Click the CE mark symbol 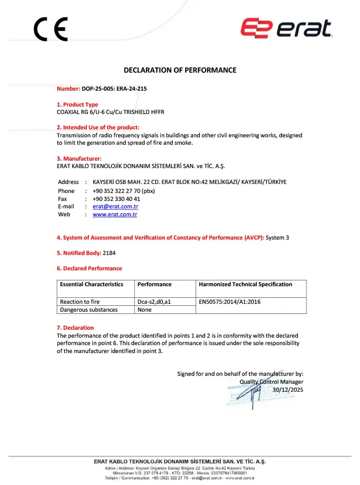pyautogui.click(x=51, y=29)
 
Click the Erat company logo pyautogui.click(x=287, y=29)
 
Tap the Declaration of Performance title pyautogui.click(x=180, y=70)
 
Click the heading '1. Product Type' pyautogui.click(x=77, y=104)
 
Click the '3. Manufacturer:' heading pyautogui.click(x=79, y=158)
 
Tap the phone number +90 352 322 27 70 pyautogui.click(x=123, y=191)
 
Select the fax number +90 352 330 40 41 pyautogui.click(x=116, y=199)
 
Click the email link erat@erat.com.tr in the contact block pyautogui.click(x=115, y=206)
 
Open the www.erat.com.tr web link pyautogui.click(x=115, y=214)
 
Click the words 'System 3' pyautogui.click(x=277, y=237)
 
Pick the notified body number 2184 pyautogui.click(x=109, y=253)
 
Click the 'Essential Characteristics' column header pyautogui.click(x=91, y=284)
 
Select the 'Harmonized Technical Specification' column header pyautogui.click(x=245, y=284)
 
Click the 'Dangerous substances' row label pyautogui.click(x=89, y=310)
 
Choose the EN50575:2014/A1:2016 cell pyautogui.click(x=230, y=302)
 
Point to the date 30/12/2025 pyautogui.click(x=288, y=390)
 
